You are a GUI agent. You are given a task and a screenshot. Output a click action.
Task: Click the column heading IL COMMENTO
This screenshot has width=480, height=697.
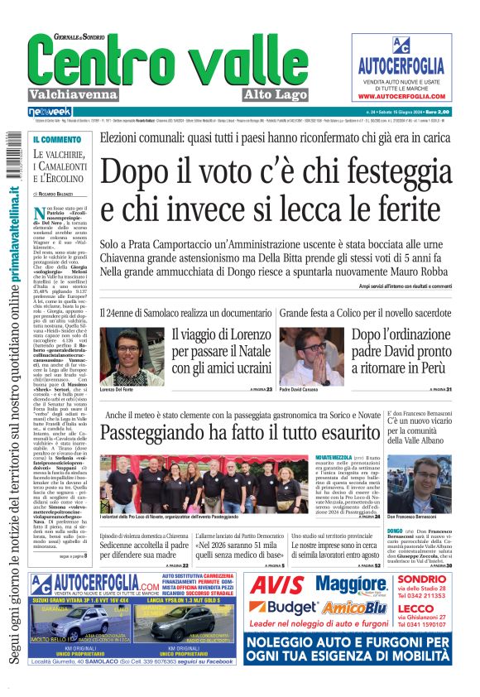56,139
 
